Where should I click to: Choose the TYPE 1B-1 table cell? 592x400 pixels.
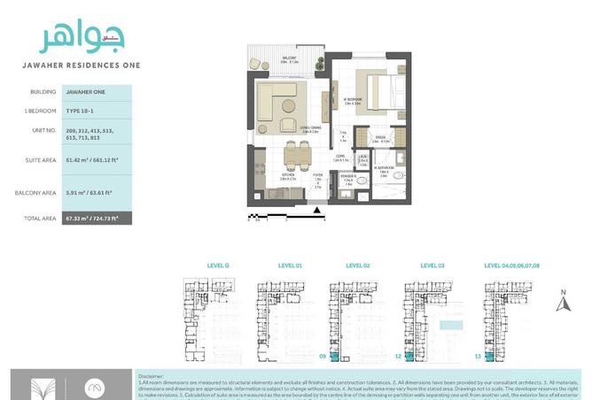click(80, 110)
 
